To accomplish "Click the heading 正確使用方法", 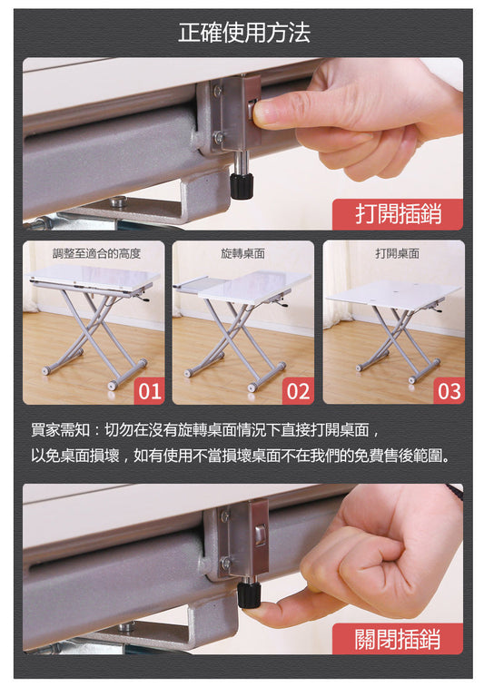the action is point(244,33).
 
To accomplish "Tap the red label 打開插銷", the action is point(398,214).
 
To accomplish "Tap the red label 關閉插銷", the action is point(398,639).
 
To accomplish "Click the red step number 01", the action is point(150,391).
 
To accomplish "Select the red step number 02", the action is point(298,391).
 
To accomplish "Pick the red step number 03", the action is point(449,391).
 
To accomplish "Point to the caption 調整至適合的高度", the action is point(96,253).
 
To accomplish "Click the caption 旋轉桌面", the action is point(242,253).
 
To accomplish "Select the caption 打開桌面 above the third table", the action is point(397,253).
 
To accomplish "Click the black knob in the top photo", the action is point(242,186).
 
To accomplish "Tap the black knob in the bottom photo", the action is point(250,595).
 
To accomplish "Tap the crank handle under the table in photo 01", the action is point(143,299).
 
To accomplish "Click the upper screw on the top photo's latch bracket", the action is point(218,90).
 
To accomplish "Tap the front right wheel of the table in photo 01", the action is point(114,386).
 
